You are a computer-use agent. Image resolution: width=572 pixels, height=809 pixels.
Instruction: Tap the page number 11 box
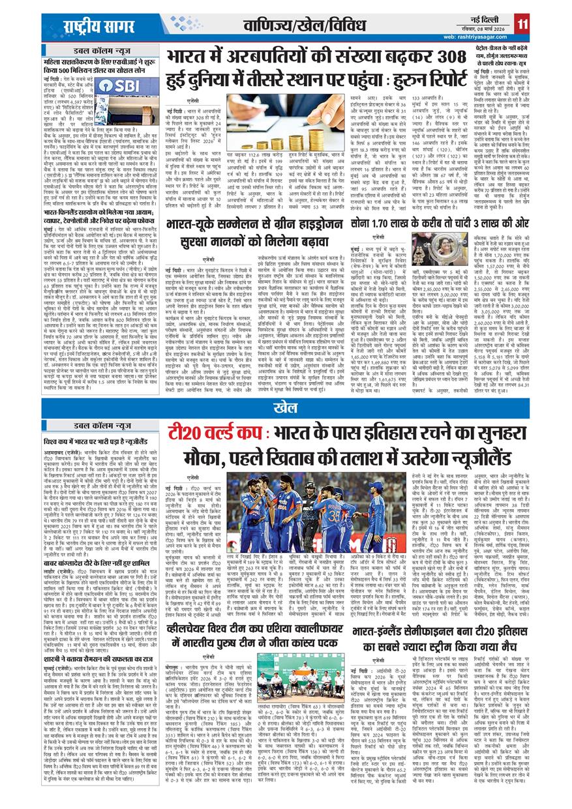pos(522,24)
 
